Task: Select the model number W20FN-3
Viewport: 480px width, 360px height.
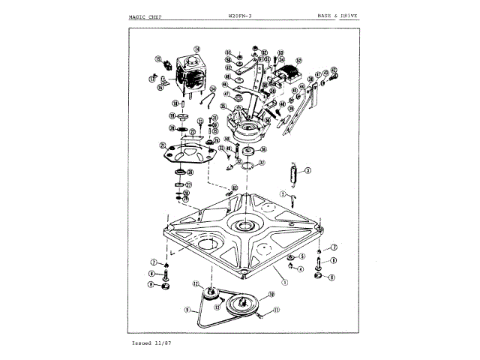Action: coord(241,14)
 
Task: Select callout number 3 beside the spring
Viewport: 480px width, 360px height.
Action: coord(307,170)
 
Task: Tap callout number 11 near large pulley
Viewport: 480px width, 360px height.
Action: coord(275,310)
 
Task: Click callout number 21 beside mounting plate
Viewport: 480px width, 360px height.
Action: coord(162,145)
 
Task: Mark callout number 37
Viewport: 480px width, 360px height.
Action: coord(262,163)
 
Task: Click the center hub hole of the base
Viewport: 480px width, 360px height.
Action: coord(244,226)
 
